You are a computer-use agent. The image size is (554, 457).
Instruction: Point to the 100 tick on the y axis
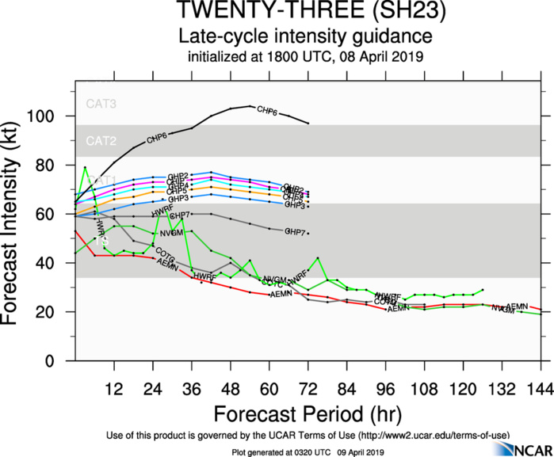[x=53, y=116]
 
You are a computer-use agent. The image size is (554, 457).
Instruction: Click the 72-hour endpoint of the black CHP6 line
[x=308, y=124]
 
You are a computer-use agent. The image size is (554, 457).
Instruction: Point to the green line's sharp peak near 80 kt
[x=85, y=167]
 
